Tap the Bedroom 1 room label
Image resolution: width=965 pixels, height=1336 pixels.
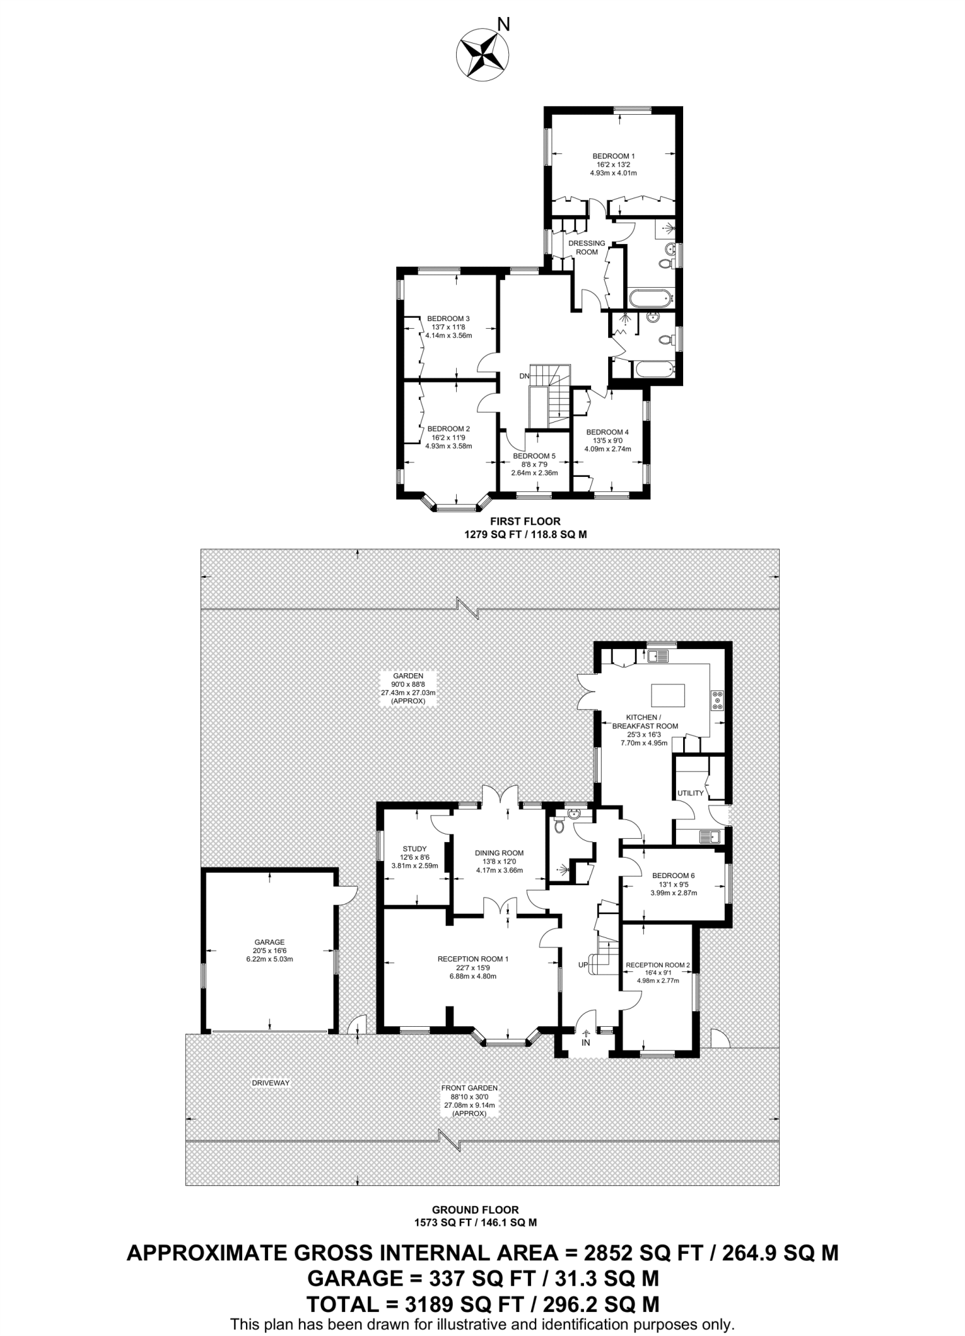613,157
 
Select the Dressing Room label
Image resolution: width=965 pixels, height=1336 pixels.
587,247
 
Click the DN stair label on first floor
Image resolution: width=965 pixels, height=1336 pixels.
524,376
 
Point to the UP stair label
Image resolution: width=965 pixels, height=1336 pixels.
583,965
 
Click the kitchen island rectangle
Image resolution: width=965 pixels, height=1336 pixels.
667,695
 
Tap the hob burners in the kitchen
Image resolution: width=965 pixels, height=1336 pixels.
718,700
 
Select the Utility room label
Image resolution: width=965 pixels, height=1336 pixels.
690,793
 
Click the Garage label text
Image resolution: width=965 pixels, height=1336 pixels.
269,942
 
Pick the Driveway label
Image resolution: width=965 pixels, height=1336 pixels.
270,1083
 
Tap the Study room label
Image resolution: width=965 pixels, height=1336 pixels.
414,849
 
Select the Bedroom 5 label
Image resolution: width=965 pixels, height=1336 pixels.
534,456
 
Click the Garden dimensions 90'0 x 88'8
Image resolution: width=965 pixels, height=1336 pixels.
408,684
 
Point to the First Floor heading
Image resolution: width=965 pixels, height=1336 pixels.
525,521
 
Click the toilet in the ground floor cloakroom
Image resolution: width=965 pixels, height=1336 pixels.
559,827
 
